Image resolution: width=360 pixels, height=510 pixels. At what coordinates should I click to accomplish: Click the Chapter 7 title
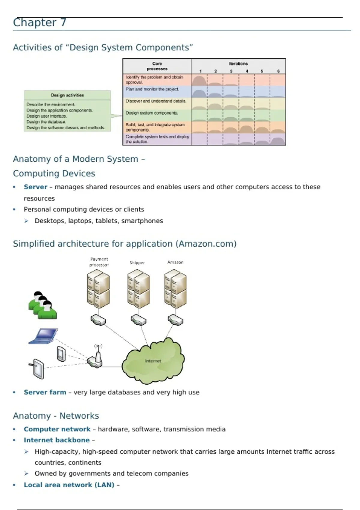[x=40, y=22]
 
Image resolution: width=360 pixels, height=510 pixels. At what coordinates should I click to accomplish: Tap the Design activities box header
[x=67, y=95]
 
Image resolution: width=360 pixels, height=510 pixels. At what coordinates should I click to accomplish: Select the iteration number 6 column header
[x=278, y=71]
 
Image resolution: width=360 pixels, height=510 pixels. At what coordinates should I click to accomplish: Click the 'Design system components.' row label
[x=152, y=113]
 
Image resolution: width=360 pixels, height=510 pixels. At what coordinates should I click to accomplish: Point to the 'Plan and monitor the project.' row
[x=152, y=89]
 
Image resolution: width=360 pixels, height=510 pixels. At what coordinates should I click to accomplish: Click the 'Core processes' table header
[x=157, y=66]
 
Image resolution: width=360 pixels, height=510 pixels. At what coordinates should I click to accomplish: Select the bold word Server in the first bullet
[x=35, y=187]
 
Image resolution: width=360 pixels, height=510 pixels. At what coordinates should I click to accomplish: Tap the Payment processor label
[x=99, y=262]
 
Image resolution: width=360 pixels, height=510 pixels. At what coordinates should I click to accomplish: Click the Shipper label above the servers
[x=137, y=262]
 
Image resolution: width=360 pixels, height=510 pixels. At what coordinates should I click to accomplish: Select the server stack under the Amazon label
[x=175, y=288]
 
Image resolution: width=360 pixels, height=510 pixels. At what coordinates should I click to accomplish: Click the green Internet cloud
[x=153, y=361]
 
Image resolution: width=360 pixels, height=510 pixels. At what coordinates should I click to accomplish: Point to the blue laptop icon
[x=44, y=336]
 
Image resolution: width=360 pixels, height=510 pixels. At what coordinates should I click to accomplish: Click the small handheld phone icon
[x=61, y=354]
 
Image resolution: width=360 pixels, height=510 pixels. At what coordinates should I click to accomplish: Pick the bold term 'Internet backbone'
[x=57, y=440]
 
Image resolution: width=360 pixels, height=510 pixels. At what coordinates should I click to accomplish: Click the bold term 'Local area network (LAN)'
[x=69, y=485]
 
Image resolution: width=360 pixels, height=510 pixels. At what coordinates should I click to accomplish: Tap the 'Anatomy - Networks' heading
[x=56, y=416]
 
